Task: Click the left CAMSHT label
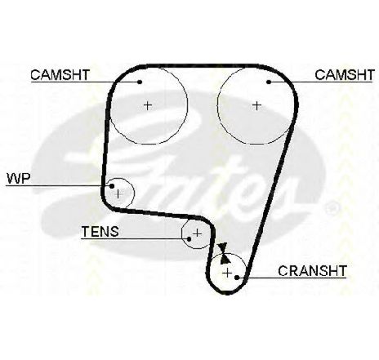click(60, 75)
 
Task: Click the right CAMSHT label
click(345, 75)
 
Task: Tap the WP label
click(19, 179)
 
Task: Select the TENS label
click(100, 232)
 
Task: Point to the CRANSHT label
click(312, 271)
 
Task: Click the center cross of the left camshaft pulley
click(148, 105)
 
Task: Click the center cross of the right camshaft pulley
click(256, 105)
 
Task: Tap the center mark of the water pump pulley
click(118, 194)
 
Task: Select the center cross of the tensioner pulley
click(197, 233)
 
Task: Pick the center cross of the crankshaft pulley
click(227, 273)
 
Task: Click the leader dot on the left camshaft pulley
click(140, 82)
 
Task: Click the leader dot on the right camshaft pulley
click(269, 82)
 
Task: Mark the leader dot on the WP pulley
click(112, 186)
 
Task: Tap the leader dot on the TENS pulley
click(189, 239)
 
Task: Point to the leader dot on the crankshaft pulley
click(237, 278)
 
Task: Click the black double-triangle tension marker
click(224, 253)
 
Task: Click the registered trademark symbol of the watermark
click(332, 208)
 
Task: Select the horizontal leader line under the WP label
click(59, 186)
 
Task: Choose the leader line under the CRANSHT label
click(292, 278)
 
